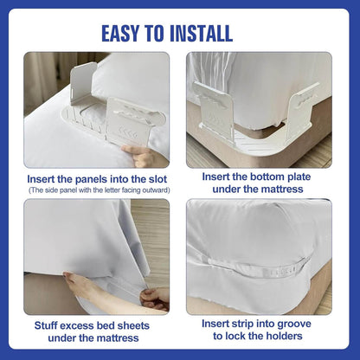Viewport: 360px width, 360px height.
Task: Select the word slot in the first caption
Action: pos(157,179)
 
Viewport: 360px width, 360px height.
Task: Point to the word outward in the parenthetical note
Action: pos(158,190)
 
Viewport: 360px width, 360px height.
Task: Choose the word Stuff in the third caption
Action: pos(44,325)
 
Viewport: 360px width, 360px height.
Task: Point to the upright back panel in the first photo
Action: pos(83,84)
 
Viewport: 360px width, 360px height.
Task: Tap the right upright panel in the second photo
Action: pos(304,111)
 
